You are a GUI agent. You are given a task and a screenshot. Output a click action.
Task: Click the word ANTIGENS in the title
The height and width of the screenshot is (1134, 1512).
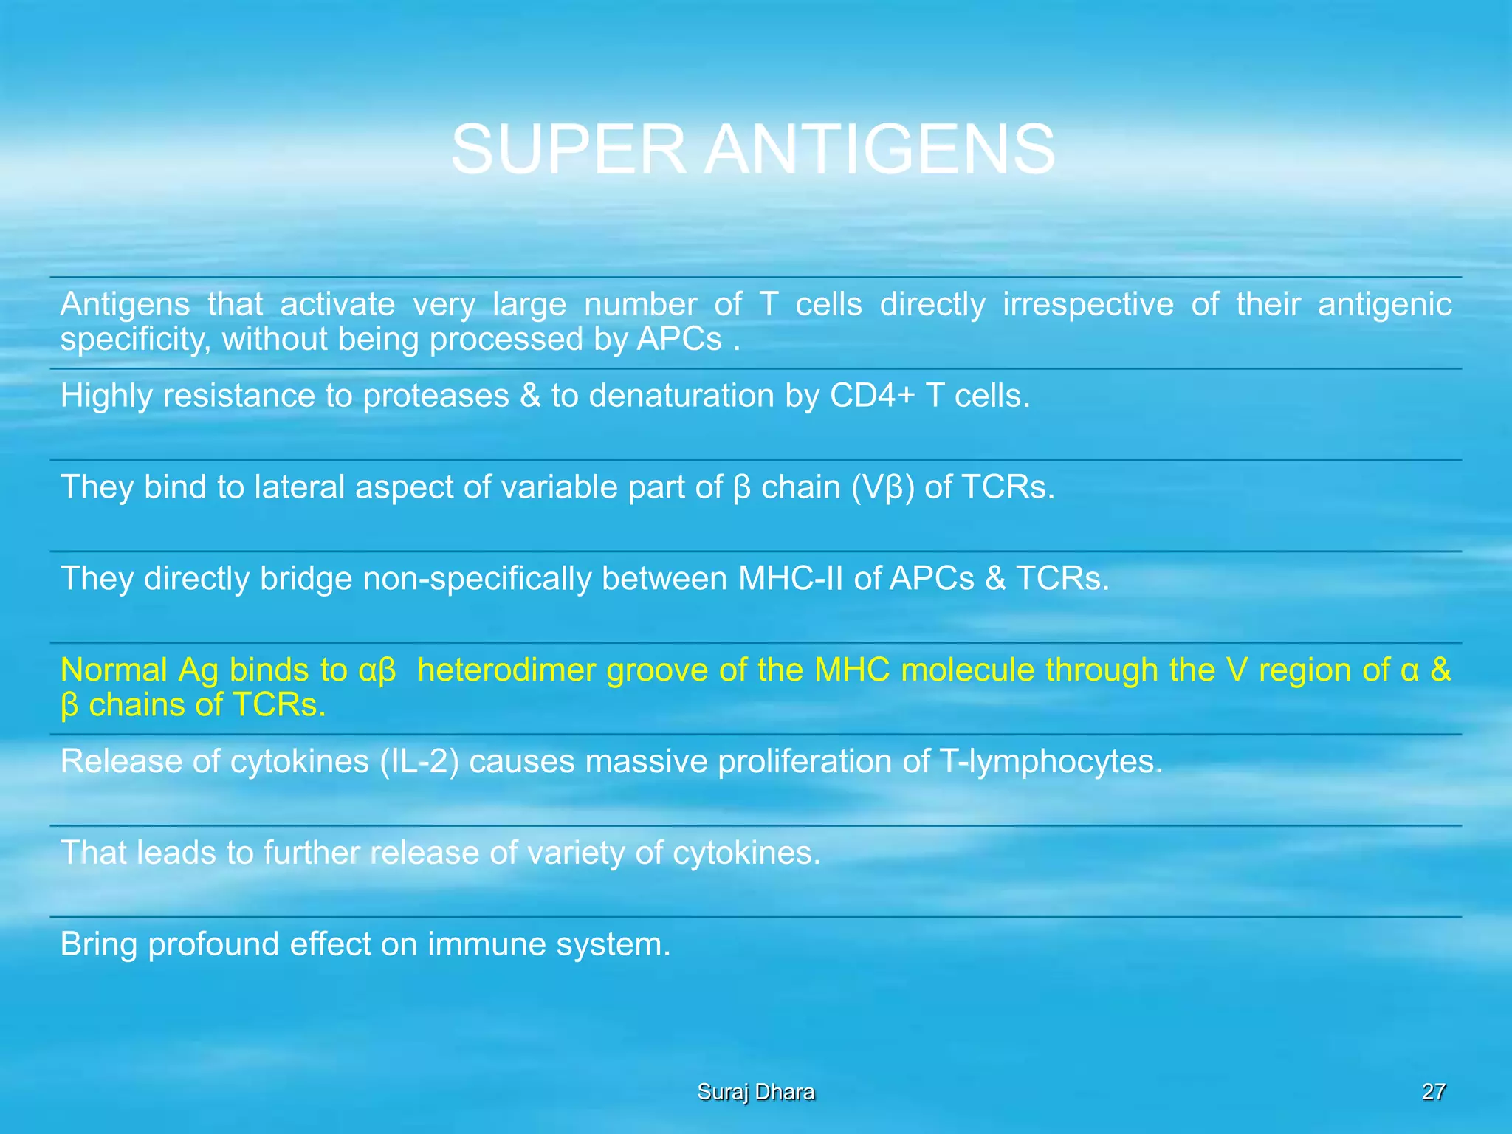879,150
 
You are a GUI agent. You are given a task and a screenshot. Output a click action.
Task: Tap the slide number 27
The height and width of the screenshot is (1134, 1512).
1434,1091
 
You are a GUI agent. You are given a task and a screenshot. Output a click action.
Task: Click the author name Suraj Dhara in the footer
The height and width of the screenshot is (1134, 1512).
756,1091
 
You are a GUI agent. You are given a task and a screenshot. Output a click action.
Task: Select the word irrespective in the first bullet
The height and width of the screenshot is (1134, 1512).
1087,304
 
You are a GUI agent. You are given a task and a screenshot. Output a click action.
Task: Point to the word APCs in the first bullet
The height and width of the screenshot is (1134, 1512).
679,340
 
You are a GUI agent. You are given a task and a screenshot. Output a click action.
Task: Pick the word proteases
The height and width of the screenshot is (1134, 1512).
436,396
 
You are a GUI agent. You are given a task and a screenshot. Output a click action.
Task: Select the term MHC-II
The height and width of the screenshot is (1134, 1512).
791,578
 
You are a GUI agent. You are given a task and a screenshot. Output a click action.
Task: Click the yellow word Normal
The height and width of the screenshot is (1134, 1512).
114,670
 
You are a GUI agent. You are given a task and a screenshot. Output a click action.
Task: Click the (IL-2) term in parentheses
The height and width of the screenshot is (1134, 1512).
419,761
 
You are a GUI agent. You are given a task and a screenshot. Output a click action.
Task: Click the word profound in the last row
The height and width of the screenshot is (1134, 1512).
213,944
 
